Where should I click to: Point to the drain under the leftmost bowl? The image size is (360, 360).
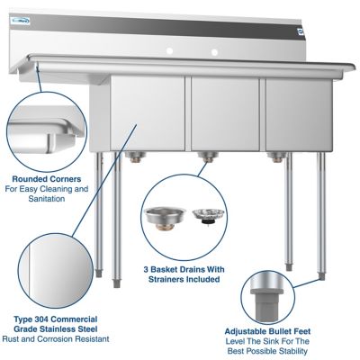click(x=136, y=158)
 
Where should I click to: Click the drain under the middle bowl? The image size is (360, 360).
click(x=209, y=158)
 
